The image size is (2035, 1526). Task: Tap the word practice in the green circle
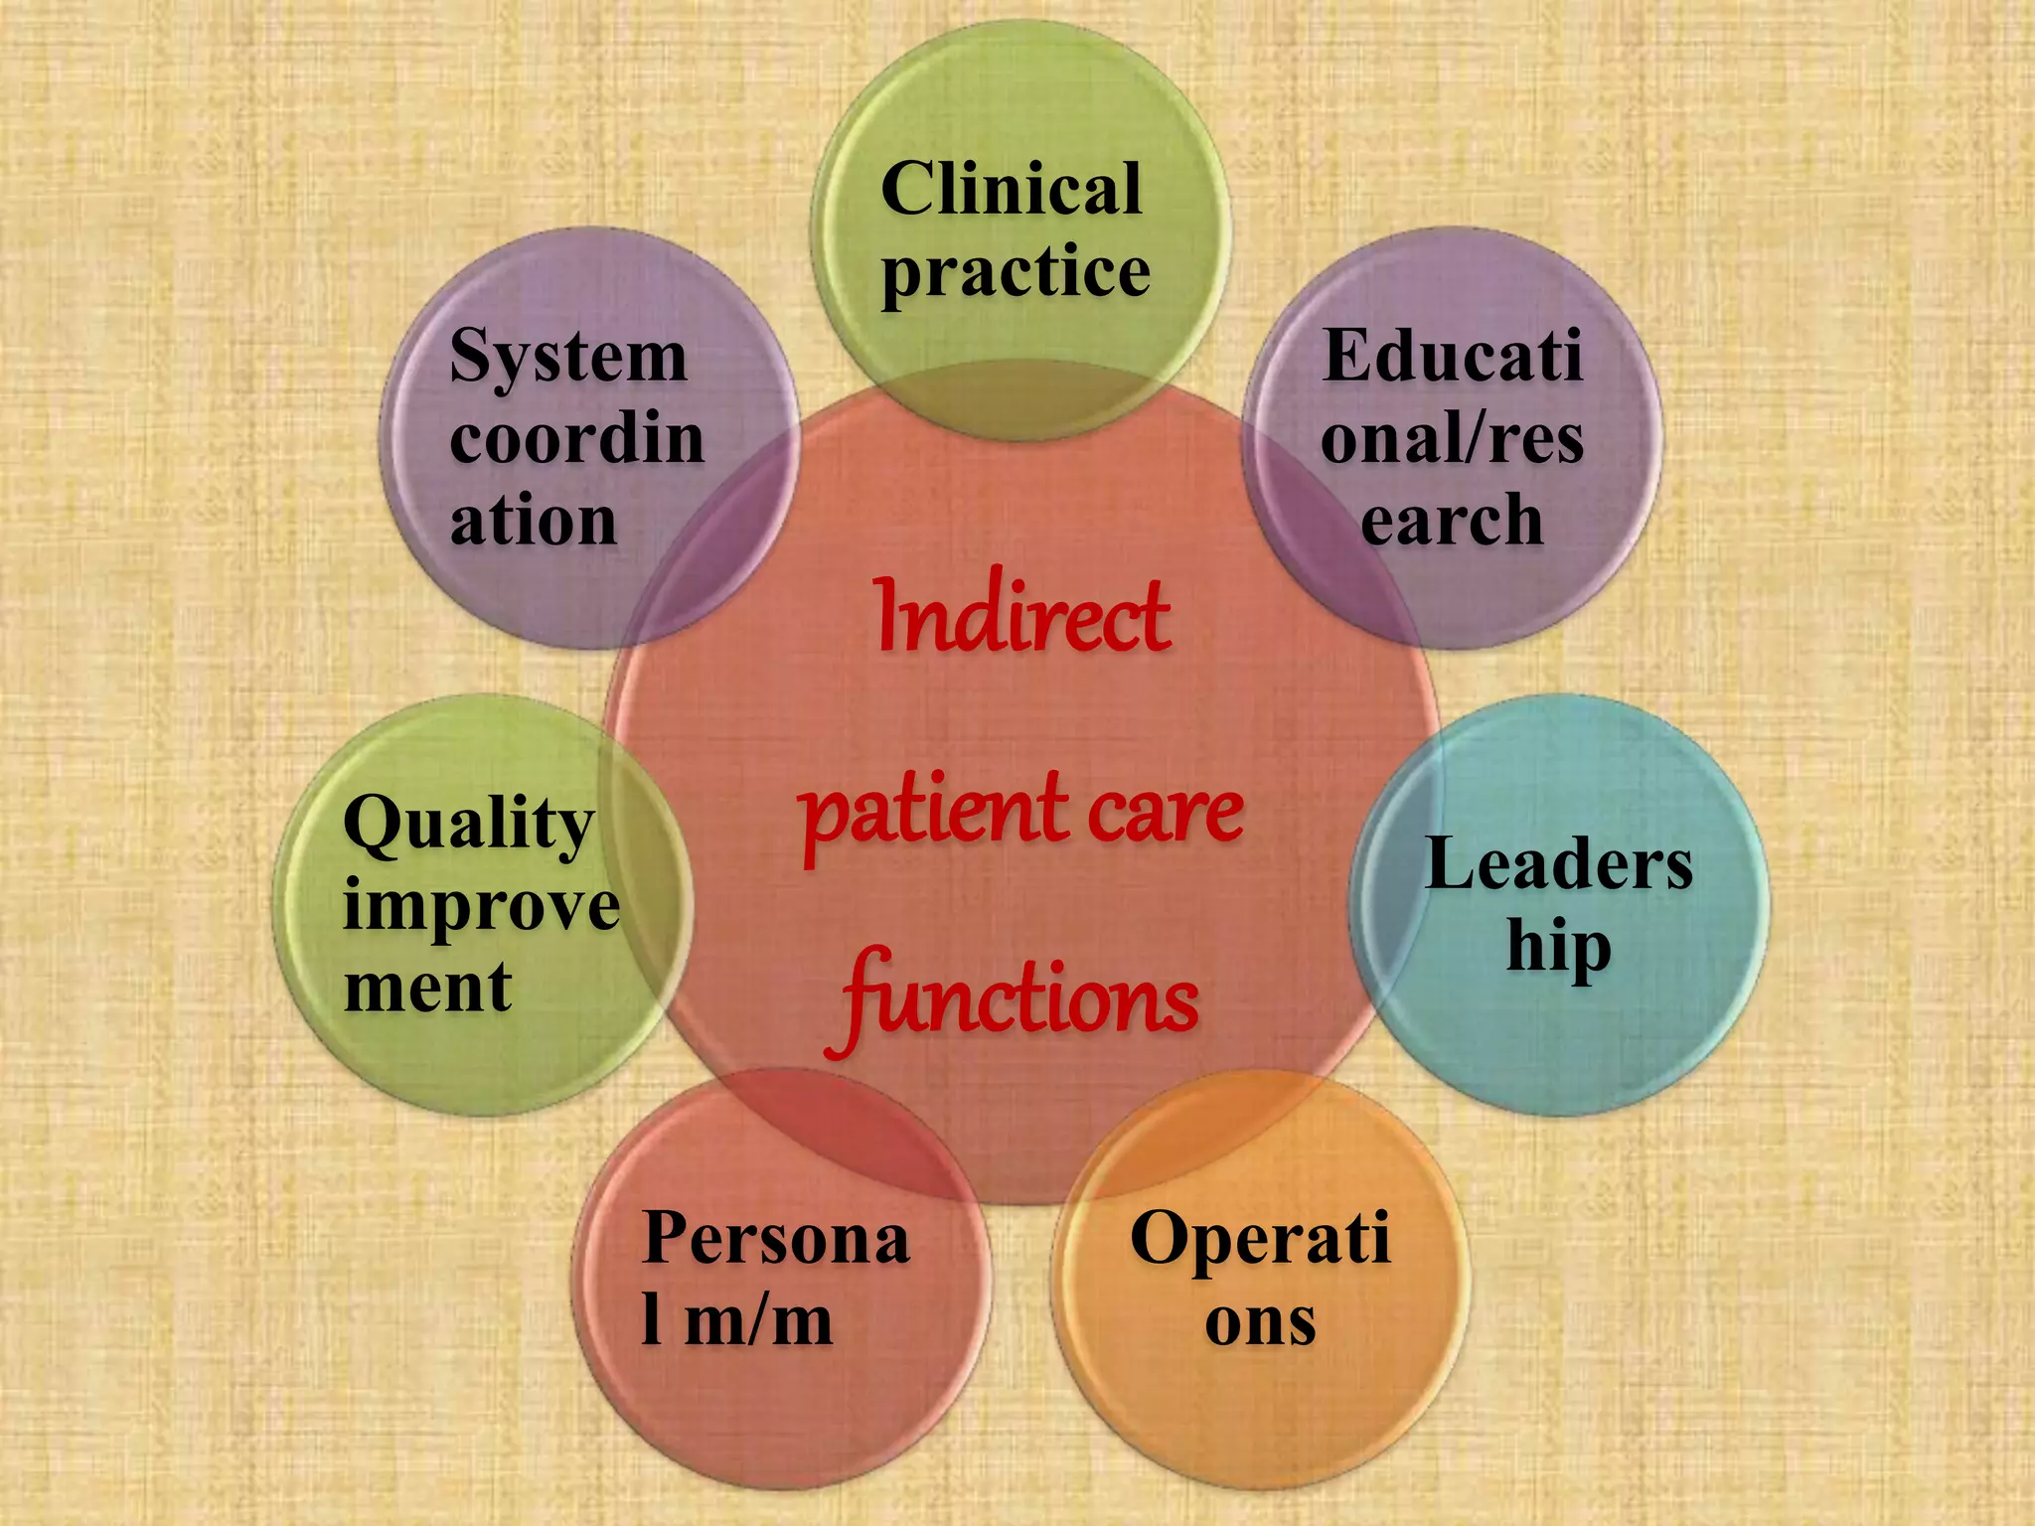coord(1016,273)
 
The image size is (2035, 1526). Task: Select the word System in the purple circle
coord(567,358)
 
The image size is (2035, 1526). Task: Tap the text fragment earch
coord(1452,520)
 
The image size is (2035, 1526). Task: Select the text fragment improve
coord(481,906)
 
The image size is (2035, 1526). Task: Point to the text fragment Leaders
coord(1558,864)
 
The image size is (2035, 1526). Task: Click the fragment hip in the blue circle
coord(1558,949)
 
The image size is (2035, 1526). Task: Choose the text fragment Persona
coord(775,1239)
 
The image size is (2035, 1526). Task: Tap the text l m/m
coord(736,1321)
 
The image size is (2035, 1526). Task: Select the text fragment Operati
coord(1260,1241)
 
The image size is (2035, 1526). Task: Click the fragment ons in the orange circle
coord(1260,1322)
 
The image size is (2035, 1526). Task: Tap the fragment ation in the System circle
coord(533,521)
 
